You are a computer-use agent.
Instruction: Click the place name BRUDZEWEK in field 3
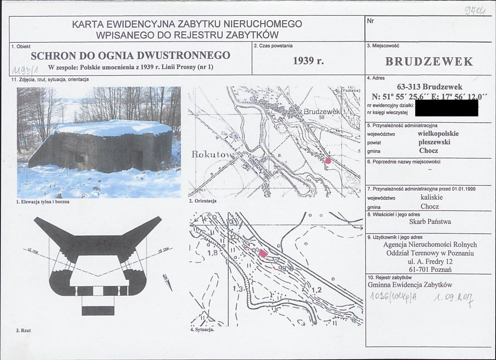click(x=429, y=62)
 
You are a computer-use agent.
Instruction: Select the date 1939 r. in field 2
click(x=308, y=60)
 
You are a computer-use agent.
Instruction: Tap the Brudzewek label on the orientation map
click(x=321, y=112)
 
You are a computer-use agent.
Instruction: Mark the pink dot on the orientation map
click(x=328, y=161)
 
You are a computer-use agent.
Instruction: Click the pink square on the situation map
click(x=263, y=254)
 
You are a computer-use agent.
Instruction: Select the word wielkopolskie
click(x=438, y=134)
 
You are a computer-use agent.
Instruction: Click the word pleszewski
click(x=434, y=142)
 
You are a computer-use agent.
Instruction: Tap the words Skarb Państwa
click(x=430, y=222)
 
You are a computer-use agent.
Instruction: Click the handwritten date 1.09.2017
click(x=454, y=297)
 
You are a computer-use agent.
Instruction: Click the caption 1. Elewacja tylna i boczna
click(x=42, y=202)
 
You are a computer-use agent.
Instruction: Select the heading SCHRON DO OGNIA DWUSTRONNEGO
click(x=130, y=55)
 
